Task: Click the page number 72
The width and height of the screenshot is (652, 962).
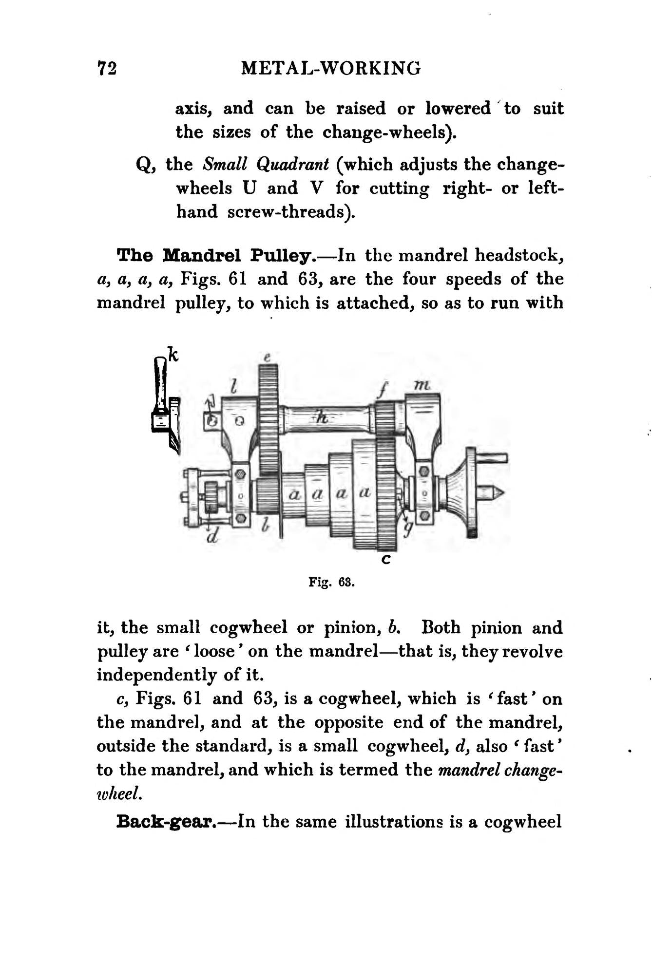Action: [x=107, y=68]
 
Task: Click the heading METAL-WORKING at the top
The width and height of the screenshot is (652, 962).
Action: [x=331, y=68]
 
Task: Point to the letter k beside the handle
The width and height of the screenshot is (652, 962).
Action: [x=172, y=354]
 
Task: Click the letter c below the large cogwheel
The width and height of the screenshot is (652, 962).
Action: [x=385, y=560]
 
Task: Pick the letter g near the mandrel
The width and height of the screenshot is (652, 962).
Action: [x=408, y=528]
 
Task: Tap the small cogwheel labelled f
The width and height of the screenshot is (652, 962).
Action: [x=385, y=417]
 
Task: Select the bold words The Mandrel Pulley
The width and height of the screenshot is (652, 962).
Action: [x=222, y=255]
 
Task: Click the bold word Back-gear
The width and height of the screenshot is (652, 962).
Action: [x=166, y=822]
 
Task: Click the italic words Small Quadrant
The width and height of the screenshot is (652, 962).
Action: [x=266, y=165]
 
